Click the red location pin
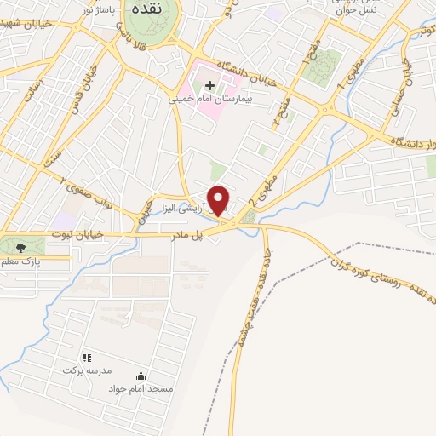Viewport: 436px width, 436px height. click(219, 199)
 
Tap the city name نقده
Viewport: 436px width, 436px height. click(144, 14)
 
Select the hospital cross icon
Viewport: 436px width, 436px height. click(209, 85)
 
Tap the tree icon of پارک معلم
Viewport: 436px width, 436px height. click(20, 247)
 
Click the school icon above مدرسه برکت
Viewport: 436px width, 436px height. click(86, 359)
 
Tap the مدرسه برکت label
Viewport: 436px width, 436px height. click(85, 371)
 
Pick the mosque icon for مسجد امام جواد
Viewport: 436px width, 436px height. click(141, 376)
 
